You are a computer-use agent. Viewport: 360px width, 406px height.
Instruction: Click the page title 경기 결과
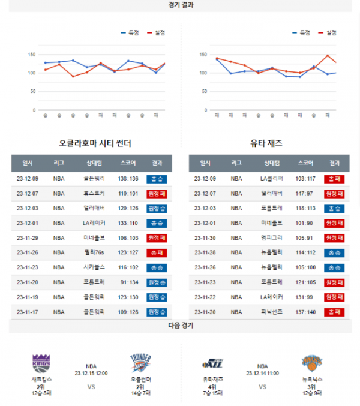click(181, 5)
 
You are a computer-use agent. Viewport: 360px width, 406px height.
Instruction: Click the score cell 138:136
click(128, 179)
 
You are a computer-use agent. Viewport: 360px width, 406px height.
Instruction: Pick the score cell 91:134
click(128, 282)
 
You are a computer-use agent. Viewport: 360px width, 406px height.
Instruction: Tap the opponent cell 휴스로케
click(95, 194)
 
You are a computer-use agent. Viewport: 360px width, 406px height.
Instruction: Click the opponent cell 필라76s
click(95, 252)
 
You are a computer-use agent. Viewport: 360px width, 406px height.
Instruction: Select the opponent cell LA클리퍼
click(271, 179)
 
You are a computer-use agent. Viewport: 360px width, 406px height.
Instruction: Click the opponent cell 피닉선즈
click(271, 312)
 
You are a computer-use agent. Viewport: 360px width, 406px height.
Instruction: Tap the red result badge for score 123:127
click(157, 252)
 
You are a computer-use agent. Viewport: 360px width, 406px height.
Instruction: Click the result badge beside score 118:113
click(334, 209)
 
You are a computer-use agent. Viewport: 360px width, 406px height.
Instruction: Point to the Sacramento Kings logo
click(42, 363)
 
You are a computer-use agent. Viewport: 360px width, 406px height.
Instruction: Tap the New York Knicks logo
click(312, 363)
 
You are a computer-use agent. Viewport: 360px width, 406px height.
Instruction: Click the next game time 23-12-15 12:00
click(91, 373)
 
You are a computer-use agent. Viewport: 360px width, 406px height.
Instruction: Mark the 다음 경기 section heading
click(181, 326)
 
